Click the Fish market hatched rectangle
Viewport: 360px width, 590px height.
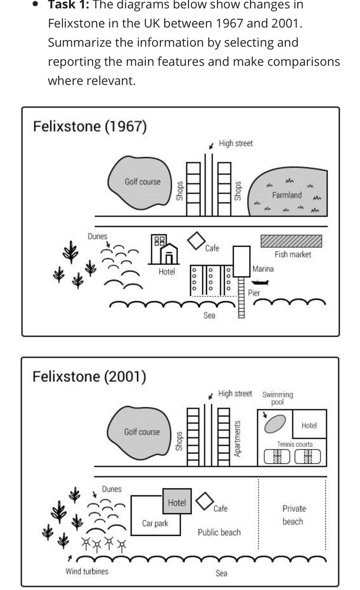291,241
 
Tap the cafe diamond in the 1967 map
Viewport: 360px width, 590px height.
196,240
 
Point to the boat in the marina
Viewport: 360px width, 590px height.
260,283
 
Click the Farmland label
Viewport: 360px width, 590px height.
287,195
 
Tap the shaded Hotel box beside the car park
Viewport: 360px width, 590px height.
177,503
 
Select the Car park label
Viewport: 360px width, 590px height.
155,523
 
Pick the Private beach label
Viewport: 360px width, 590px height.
293,515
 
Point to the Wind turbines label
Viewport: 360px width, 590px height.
87,571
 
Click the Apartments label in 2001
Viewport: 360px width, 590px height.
237,439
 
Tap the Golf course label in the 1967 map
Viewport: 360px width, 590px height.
143,182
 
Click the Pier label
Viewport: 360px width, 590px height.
254,293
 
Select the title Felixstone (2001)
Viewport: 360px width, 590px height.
89,376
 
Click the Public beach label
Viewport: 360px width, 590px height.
219,532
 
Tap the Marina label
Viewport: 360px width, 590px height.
263,269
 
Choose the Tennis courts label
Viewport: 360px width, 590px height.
294,444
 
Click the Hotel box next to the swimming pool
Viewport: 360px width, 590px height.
309,426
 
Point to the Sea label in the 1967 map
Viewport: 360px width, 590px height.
209,315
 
